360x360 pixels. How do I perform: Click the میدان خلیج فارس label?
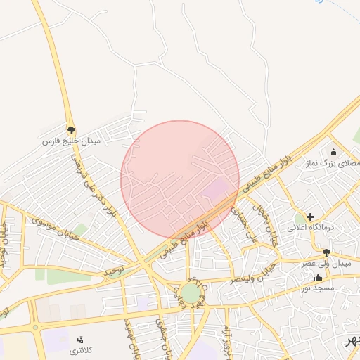pos(72,142)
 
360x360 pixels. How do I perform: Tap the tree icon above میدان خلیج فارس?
pos(71,130)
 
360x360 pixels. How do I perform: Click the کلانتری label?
pos(80,349)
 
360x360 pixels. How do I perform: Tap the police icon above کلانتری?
pos(79,339)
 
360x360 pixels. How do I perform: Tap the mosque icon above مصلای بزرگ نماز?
pos(333,152)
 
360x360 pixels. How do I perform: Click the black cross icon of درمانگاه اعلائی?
pos(310,217)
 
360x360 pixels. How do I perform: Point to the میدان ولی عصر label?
pos(326,263)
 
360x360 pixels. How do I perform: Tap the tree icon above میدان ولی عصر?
pos(326,252)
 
